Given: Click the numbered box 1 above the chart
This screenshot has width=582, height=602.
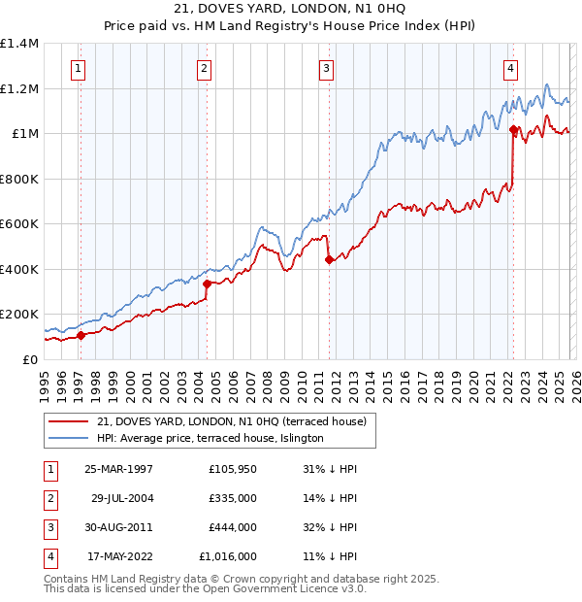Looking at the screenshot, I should pos(77,68).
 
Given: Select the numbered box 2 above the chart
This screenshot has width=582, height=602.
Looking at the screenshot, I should pos(204,68).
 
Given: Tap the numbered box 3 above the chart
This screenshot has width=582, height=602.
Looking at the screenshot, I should pos(326,68).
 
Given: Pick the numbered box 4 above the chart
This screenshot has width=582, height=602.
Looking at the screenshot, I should pos(509,68).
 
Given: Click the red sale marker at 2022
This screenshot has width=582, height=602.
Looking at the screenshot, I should pos(513,128).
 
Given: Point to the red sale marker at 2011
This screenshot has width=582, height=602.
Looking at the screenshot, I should pos(330,259).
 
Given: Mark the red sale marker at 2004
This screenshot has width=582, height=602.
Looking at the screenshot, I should pos(208,284).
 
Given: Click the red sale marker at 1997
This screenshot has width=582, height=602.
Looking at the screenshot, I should pos(81,336).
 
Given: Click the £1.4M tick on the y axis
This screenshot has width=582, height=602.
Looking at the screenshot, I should pos(19,44).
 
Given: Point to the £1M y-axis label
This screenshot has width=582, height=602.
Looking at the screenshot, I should pos(25,134).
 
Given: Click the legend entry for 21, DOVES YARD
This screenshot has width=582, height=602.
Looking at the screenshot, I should pos(231,421).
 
